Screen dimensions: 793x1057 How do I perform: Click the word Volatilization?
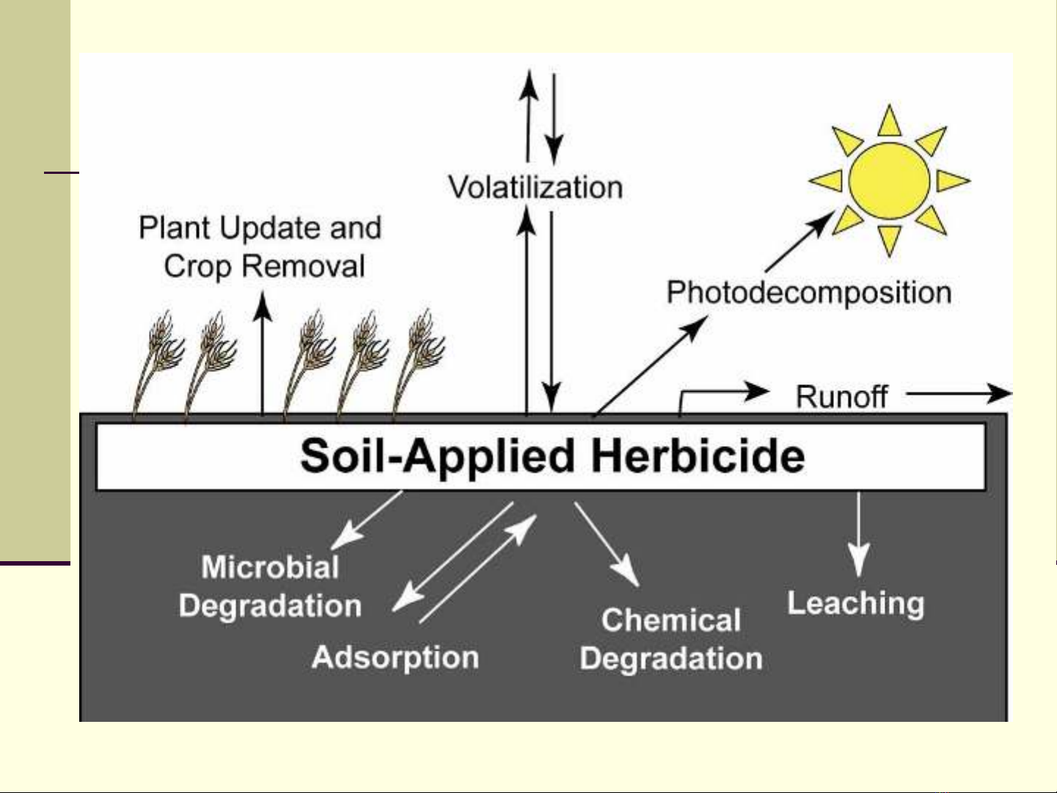point(535,187)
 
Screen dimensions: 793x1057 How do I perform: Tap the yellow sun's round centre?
point(889,180)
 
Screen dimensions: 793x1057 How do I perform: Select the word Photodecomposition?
point(808,293)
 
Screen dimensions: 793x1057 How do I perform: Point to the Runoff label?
point(841,397)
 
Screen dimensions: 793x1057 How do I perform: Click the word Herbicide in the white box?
point(698,456)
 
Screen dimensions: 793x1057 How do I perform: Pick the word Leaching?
point(855,603)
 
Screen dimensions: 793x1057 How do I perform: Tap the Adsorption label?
point(395,657)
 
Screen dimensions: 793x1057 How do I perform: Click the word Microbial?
point(270,567)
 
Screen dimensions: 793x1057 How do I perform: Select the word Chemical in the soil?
point(670,620)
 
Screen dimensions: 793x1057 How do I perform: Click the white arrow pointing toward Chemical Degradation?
point(607,543)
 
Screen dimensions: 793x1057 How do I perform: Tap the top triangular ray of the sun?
point(889,122)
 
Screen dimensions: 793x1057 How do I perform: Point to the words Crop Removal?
point(264,266)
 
